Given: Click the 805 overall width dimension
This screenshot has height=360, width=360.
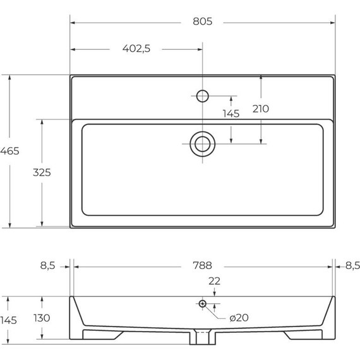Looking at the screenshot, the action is (203, 21).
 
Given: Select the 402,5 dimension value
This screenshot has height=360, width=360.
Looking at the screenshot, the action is (136, 49).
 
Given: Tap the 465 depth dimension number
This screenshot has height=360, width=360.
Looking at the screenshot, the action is (9, 151).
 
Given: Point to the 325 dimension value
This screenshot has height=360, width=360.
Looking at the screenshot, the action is (42, 172).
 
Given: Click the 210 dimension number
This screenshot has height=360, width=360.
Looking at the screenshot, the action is (261, 109).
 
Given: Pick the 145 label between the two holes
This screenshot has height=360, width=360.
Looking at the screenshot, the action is (231, 114).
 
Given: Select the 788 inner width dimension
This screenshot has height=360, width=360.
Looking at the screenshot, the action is (203, 266).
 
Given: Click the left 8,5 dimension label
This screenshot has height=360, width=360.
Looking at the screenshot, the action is (48, 266).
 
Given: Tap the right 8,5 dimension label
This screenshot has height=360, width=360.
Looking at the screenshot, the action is (352, 266).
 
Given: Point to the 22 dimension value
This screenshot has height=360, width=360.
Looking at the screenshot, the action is (215, 281).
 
